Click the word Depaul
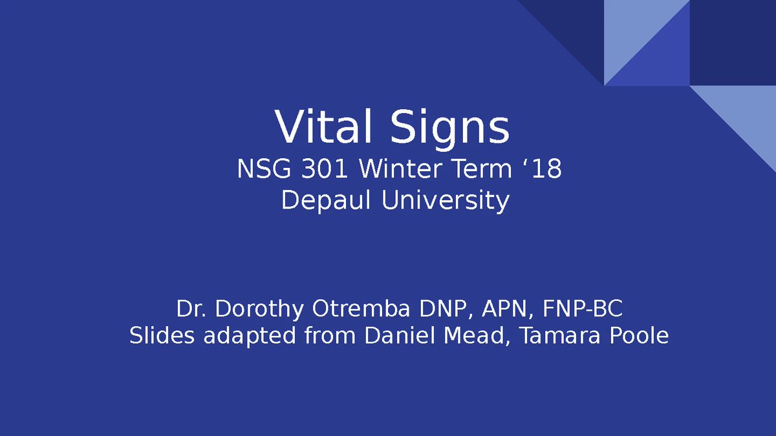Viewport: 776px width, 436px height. (x=327, y=201)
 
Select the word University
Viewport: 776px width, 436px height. (x=445, y=201)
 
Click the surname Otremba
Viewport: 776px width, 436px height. (x=361, y=309)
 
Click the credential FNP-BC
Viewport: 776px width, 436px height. (x=583, y=309)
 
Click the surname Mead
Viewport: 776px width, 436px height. (x=475, y=337)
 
